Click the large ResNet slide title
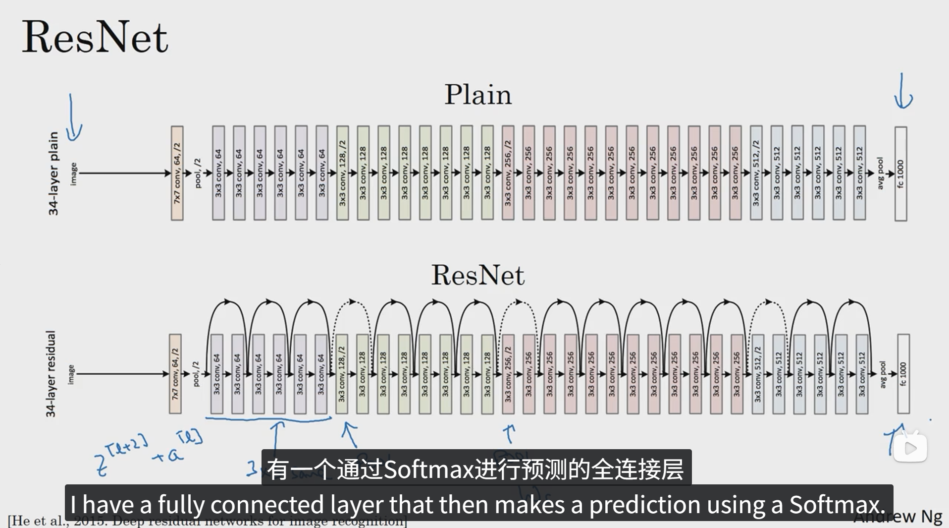95,37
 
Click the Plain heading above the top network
477,94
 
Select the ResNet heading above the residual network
477,275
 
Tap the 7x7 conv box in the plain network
177,173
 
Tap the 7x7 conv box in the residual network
175,374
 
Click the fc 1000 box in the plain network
900,174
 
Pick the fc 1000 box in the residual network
903,374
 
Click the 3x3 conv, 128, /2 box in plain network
342,173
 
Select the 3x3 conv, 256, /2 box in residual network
508,374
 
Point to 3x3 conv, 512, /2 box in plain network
756,173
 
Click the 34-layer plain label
53,174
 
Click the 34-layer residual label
51,374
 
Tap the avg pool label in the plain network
880,173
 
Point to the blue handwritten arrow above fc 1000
903,92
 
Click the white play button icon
910,448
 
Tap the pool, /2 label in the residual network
196,374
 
